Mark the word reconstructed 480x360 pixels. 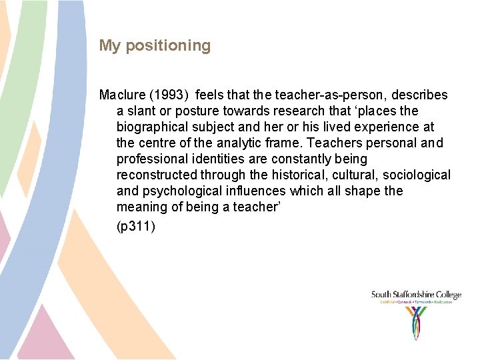[157, 175]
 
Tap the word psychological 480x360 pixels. [179, 191]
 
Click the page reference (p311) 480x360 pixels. [136, 227]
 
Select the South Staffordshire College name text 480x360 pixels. [416, 295]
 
